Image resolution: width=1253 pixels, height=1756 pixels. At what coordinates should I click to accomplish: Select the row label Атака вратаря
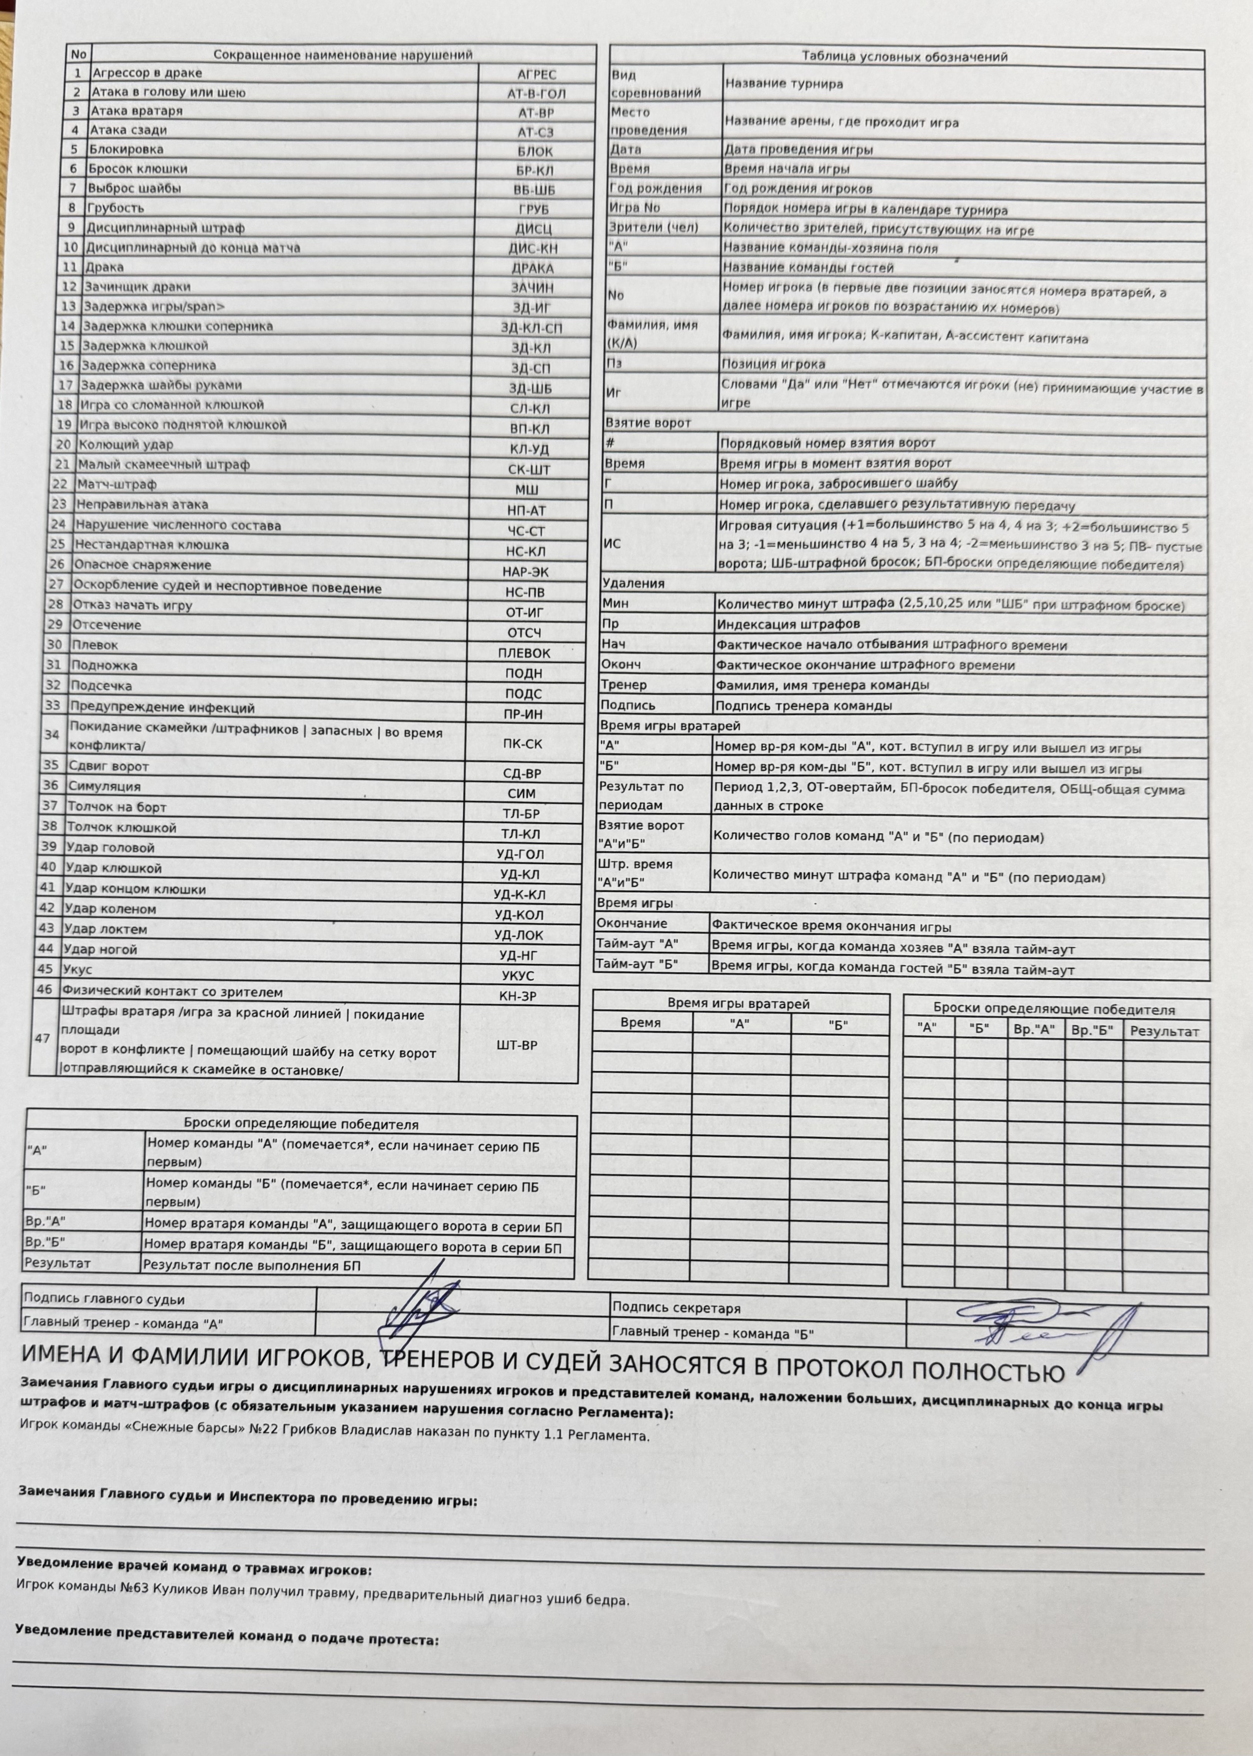(137, 111)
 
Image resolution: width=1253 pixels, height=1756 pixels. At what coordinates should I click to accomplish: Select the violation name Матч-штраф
(116, 484)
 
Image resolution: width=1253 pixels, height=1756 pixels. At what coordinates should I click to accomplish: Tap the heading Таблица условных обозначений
(904, 56)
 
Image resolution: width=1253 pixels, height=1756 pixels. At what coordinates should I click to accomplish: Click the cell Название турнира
(783, 84)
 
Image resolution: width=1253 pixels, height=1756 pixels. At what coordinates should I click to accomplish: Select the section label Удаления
(633, 583)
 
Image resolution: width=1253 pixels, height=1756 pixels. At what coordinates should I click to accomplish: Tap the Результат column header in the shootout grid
(1164, 1032)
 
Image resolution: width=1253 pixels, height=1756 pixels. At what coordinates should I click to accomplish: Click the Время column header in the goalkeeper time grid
(641, 1023)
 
